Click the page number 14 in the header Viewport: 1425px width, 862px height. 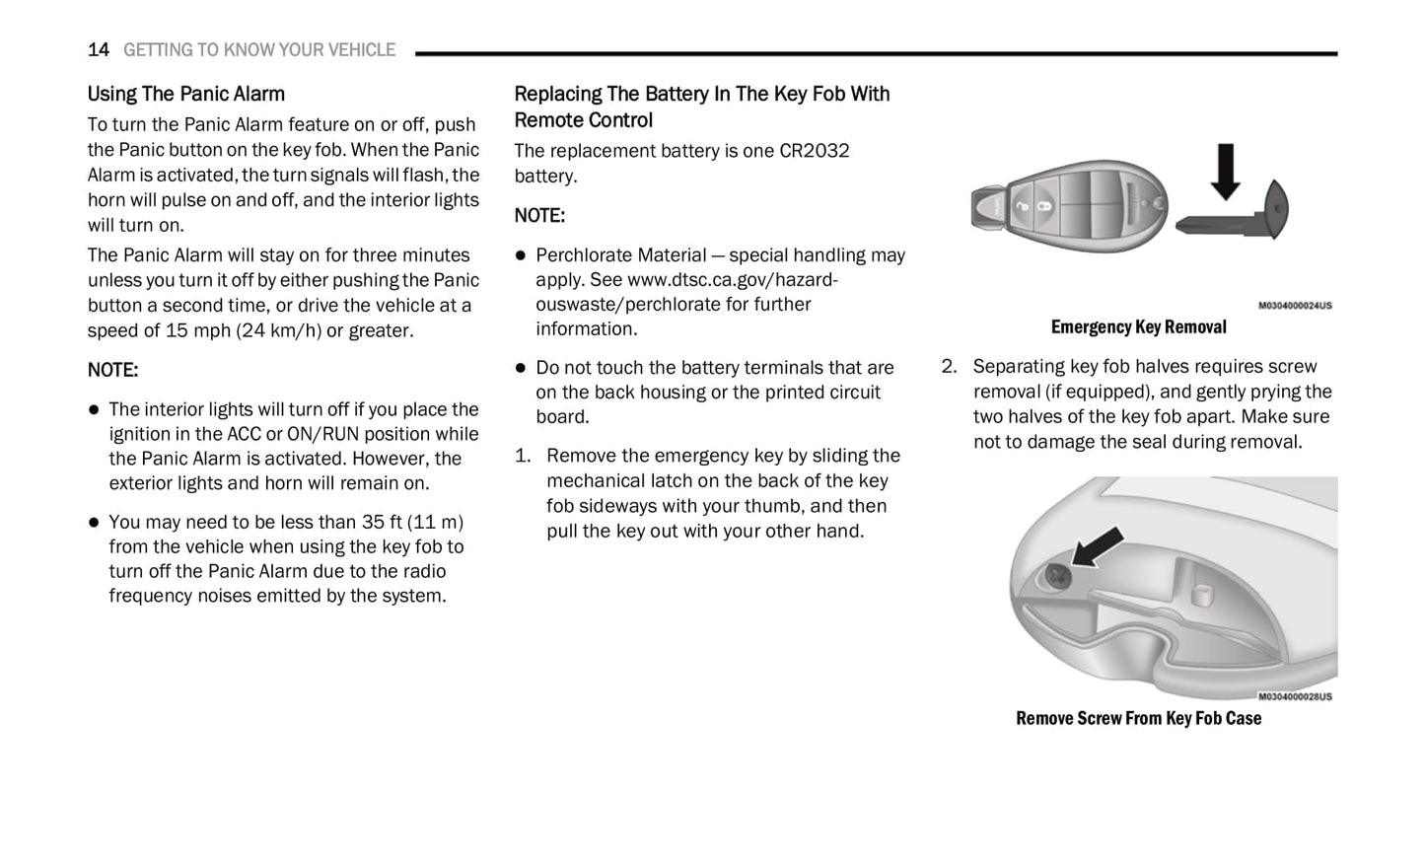tap(98, 50)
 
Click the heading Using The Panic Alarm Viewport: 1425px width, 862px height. tap(185, 95)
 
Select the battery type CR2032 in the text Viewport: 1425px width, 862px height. tap(814, 151)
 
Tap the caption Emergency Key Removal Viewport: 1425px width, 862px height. tap(1138, 327)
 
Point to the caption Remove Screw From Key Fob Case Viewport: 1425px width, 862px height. tap(1138, 719)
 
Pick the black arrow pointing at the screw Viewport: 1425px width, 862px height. tap(1098, 546)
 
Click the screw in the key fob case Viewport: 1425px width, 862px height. tap(1057, 576)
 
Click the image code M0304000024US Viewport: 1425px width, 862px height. tap(1294, 306)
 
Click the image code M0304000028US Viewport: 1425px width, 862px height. tap(1294, 696)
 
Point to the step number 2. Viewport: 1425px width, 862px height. tap(948, 367)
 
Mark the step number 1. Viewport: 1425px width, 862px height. tap(523, 456)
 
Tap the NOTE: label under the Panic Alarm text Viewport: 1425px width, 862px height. tap(112, 371)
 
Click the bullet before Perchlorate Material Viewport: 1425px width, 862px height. tap(521, 255)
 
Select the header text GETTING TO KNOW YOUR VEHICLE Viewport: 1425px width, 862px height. tap(259, 50)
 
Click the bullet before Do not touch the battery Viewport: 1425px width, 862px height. tap(521, 368)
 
